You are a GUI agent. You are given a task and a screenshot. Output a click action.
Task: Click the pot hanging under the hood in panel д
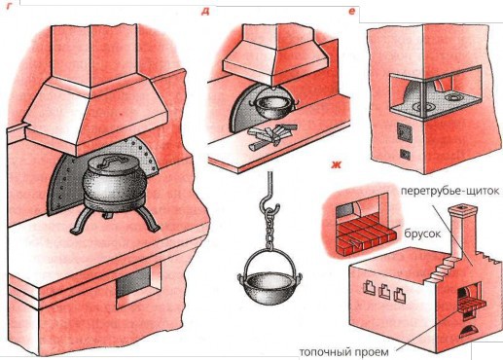tap(269, 100)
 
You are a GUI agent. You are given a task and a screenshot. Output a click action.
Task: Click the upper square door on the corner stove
tap(400, 128)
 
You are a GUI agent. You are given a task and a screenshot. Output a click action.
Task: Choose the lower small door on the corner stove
tap(400, 156)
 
